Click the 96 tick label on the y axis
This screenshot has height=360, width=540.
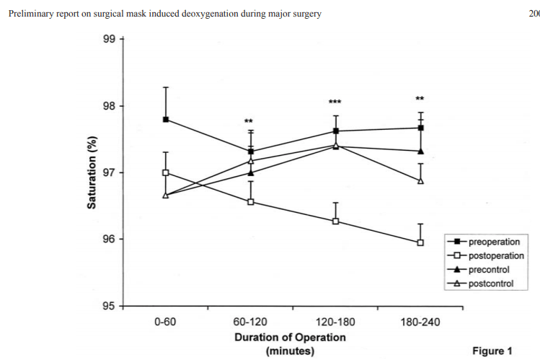click(109, 240)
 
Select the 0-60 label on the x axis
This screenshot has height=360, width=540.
click(166, 322)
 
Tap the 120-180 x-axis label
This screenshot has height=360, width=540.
click(335, 322)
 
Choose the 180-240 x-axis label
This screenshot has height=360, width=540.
click(420, 322)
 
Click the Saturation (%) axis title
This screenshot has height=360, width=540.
click(92, 172)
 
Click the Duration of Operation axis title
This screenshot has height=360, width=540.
click(290, 337)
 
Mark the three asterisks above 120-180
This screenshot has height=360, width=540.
click(335, 102)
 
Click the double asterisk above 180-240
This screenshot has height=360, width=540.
click(420, 99)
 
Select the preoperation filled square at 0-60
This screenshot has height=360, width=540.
click(166, 119)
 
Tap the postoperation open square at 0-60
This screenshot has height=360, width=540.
click(166, 172)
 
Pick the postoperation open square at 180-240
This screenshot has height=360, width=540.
click(420, 242)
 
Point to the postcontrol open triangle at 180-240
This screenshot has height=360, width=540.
click(420, 180)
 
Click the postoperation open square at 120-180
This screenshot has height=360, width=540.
click(336, 221)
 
